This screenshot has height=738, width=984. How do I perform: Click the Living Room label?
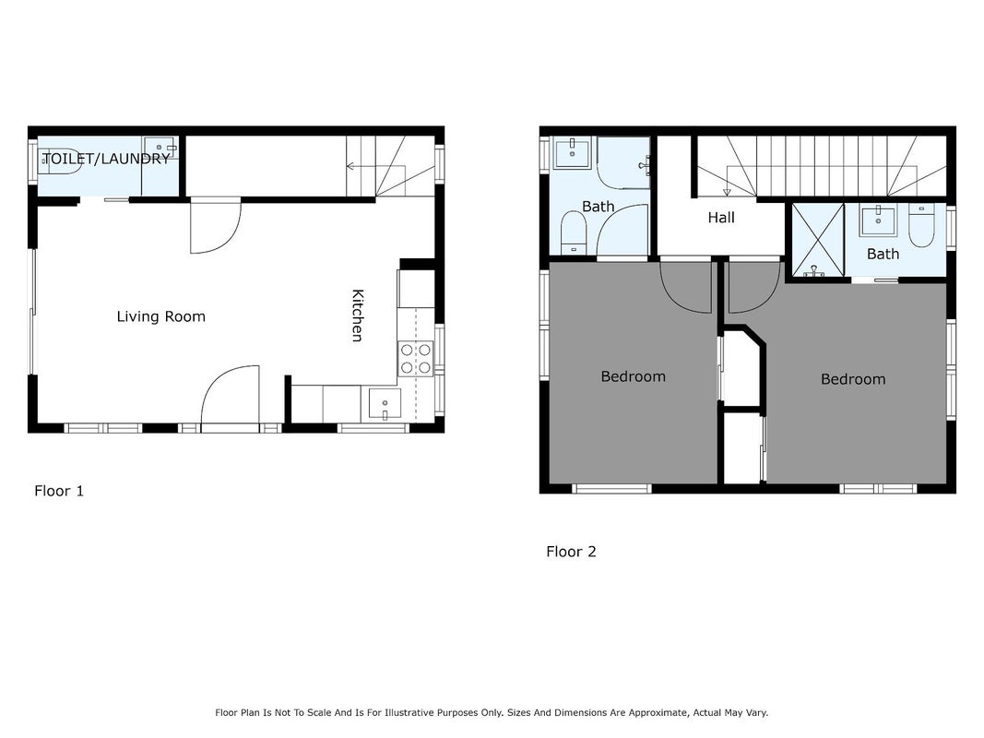pyautogui.click(x=161, y=316)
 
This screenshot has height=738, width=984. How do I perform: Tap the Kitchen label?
pyautogui.click(x=357, y=315)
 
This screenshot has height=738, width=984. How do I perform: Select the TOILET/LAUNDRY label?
pyautogui.click(x=106, y=159)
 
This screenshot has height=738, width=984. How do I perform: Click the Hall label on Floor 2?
pyautogui.click(x=721, y=218)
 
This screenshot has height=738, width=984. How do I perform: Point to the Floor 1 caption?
pyautogui.click(x=59, y=491)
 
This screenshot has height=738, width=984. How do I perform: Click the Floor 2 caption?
pyautogui.click(x=571, y=552)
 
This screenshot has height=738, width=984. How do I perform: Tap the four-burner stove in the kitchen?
pyautogui.click(x=415, y=358)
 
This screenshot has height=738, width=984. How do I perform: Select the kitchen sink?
pyautogui.click(x=385, y=403)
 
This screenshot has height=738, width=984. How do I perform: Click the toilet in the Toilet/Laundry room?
pyautogui.click(x=60, y=161)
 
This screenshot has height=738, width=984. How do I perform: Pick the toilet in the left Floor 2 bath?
pyautogui.click(x=573, y=232)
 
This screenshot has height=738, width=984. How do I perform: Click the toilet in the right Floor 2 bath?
pyautogui.click(x=921, y=225)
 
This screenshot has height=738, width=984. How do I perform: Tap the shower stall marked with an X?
pyautogui.click(x=818, y=240)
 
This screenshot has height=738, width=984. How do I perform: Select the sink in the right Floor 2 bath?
pyautogui.click(x=878, y=220)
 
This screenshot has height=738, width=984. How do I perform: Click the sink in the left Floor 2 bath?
pyautogui.click(x=572, y=153)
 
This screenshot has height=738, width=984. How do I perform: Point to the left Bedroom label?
pyautogui.click(x=634, y=376)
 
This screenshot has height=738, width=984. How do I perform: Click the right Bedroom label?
pyautogui.click(x=853, y=379)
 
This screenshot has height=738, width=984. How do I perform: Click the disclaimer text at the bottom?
pyautogui.click(x=492, y=712)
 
